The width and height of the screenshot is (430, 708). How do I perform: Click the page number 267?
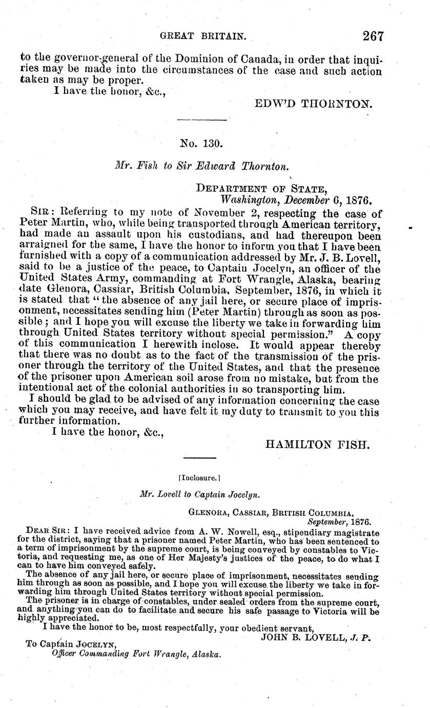[x=373, y=36]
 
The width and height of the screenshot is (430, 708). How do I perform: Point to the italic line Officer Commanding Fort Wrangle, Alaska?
[x=137, y=655]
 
